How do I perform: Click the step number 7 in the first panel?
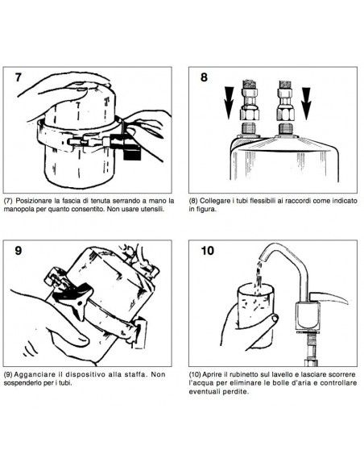19,77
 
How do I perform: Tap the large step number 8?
204,77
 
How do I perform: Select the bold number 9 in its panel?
19,250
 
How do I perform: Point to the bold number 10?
208,250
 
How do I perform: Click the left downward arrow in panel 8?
229,103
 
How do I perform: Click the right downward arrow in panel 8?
306,103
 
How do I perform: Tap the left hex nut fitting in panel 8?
249,115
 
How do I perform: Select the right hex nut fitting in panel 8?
285,115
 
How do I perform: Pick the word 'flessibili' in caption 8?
263,200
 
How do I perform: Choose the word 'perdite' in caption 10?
238,392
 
